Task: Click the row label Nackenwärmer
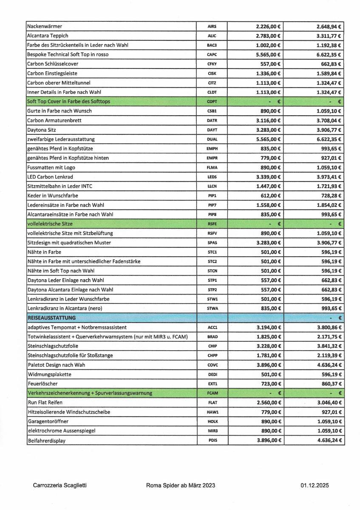click(x=44, y=26)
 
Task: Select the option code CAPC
click(x=212, y=54)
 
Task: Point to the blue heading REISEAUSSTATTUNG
click(x=51, y=317)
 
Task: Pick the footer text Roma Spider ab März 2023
click(x=180, y=485)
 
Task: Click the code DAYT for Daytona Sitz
click(x=212, y=130)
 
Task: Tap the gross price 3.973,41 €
click(x=327, y=176)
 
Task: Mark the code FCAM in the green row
click(x=212, y=393)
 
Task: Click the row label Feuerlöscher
click(x=43, y=383)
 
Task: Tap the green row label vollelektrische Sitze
click(x=50, y=224)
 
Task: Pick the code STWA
click(x=212, y=308)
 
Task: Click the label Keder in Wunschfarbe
click(x=52, y=195)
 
